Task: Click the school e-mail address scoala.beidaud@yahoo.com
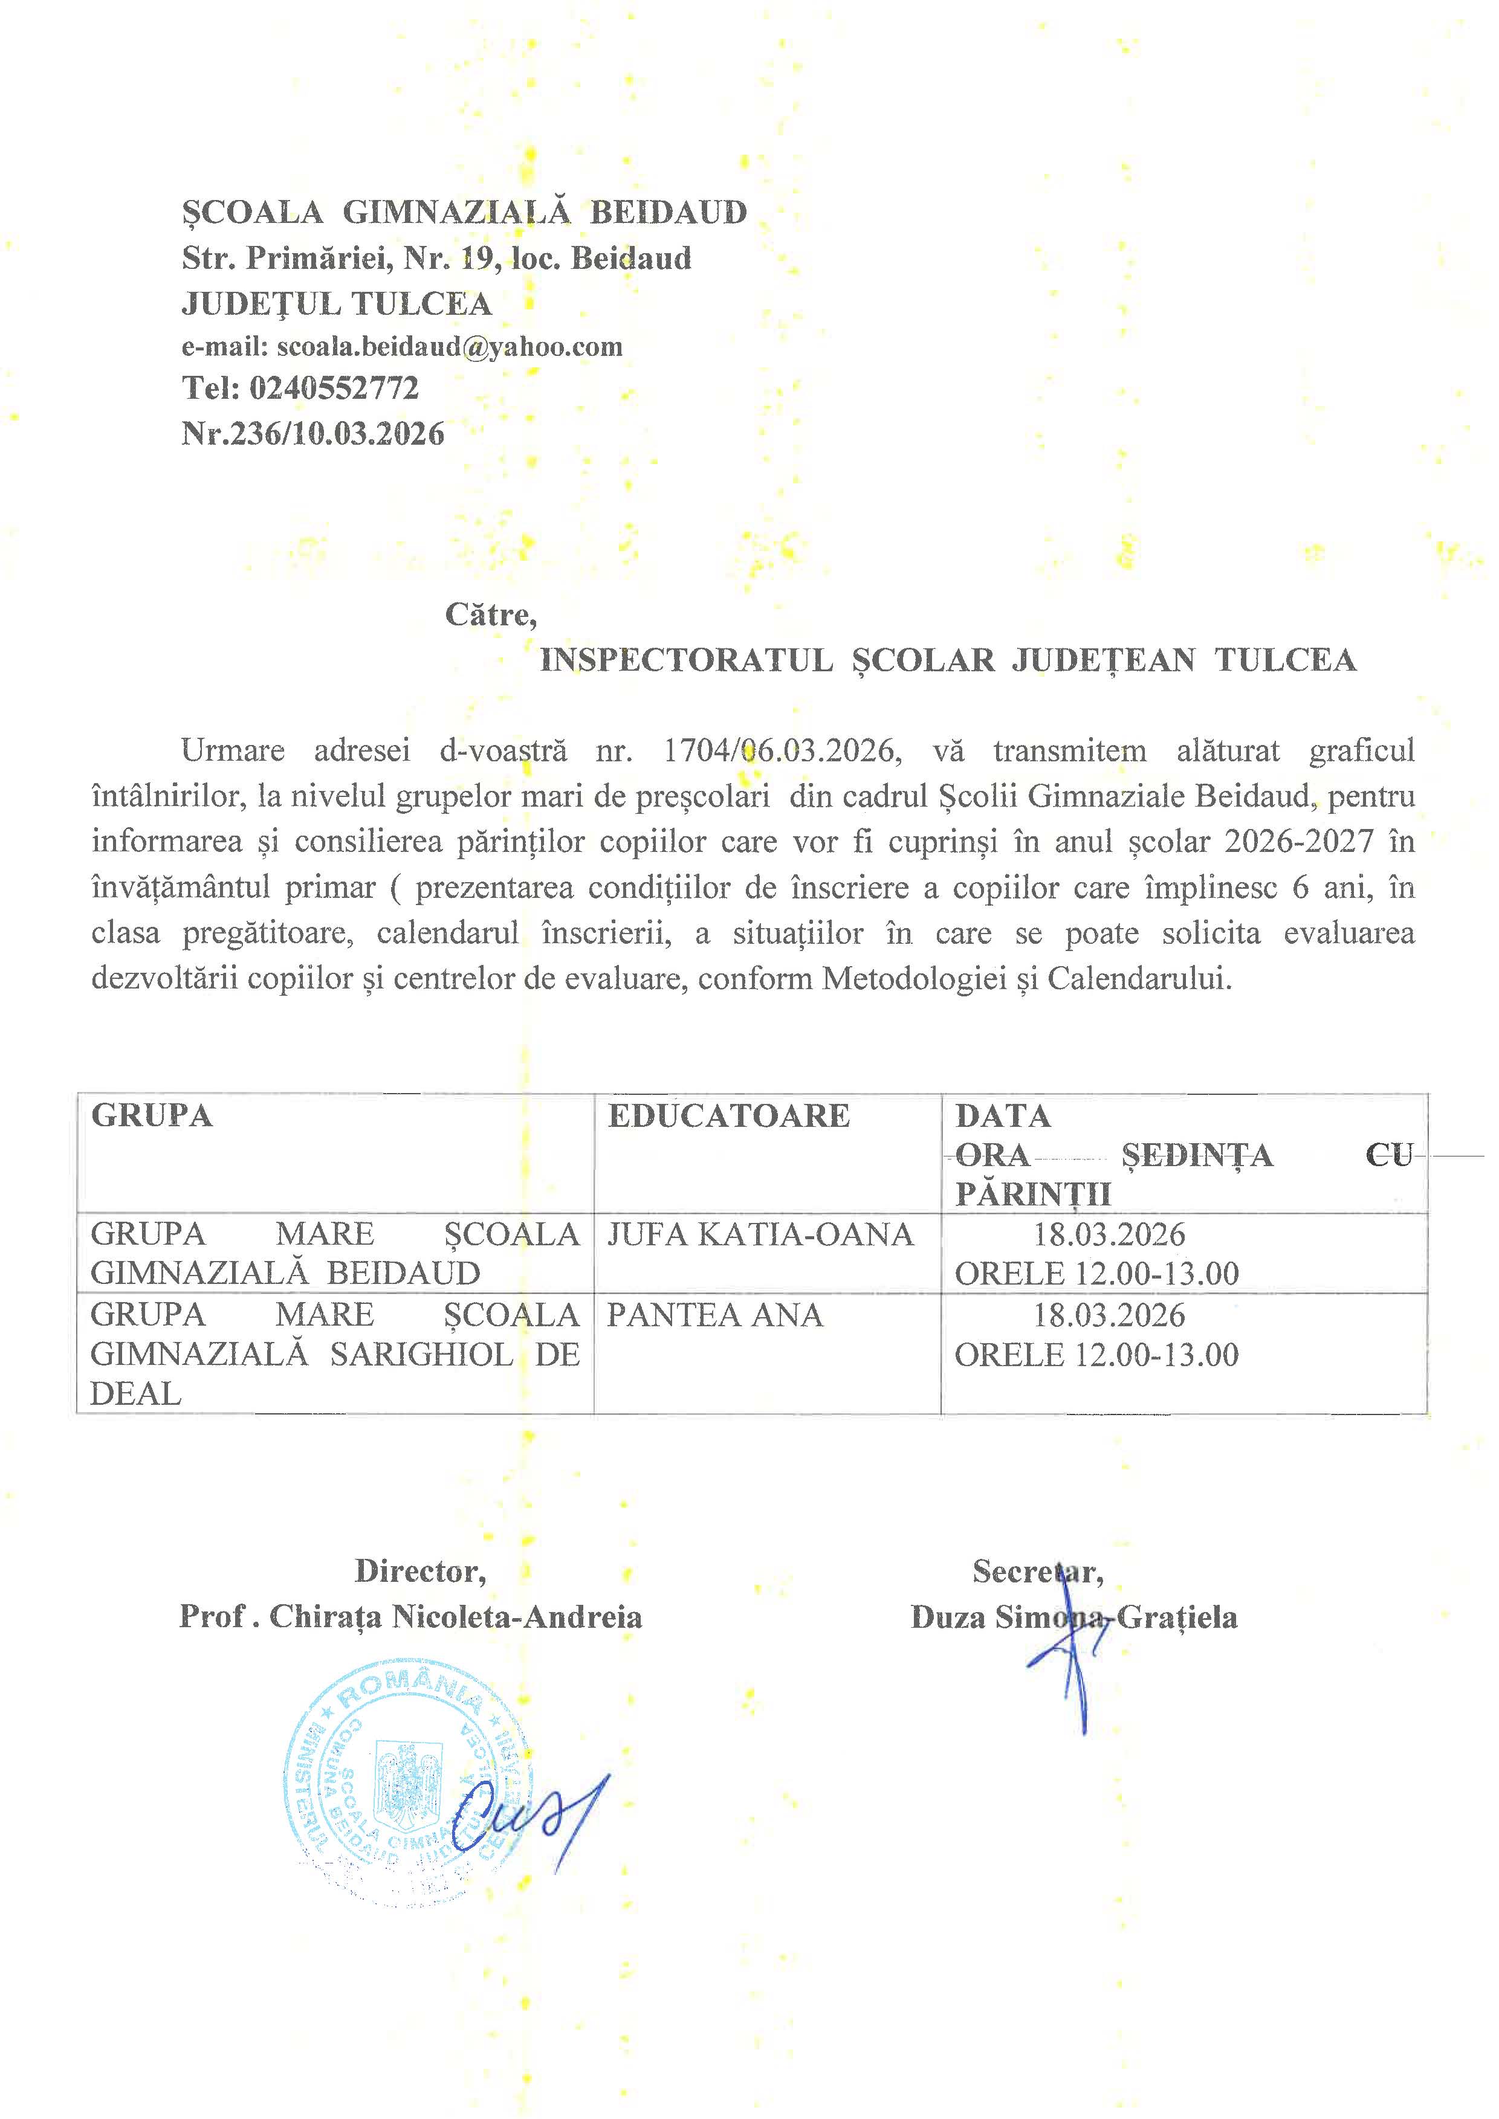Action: (x=450, y=346)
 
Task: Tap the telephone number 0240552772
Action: (x=334, y=388)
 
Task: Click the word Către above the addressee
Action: (x=490, y=614)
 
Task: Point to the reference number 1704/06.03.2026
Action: (x=780, y=750)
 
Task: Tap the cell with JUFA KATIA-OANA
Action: (x=760, y=1234)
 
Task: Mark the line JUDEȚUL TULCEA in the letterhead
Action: (x=337, y=304)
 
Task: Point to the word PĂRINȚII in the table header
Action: (x=1033, y=1195)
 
